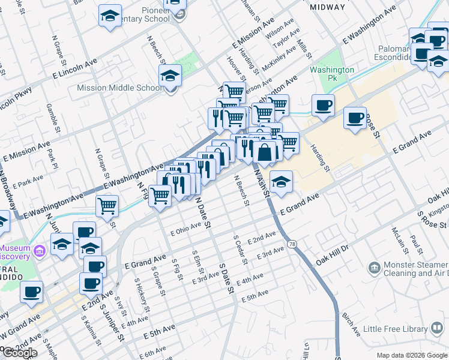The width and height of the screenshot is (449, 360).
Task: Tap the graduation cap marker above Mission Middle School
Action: coord(170,77)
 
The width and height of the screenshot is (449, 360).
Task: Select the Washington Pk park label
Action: coord(332,74)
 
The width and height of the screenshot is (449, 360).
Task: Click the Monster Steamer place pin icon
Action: coord(374,266)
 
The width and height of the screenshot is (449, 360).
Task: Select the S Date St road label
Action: coord(225,277)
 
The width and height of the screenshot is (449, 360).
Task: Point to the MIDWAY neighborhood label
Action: coord(327,7)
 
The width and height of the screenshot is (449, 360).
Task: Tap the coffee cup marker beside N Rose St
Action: coord(355,118)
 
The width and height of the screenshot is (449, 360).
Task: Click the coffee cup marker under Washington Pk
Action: coord(323,106)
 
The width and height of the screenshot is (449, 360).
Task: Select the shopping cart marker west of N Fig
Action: coord(107,206)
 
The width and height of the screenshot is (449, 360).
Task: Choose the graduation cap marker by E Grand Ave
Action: coord(281,181)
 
